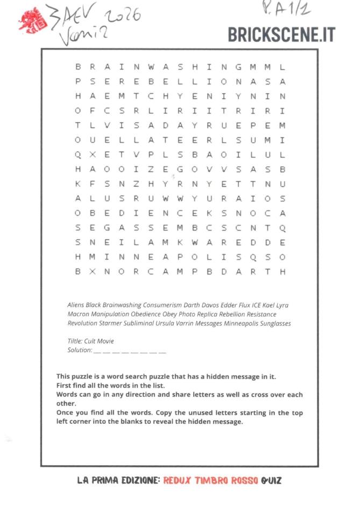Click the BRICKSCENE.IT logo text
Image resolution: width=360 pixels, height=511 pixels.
click(281, 34)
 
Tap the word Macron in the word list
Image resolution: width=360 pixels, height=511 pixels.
click(79, 314)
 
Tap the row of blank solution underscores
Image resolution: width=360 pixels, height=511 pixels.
click(130, 351)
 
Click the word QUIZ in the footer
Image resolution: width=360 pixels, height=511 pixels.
click(271, 480)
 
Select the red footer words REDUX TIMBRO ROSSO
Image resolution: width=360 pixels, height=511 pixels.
click(210, 480)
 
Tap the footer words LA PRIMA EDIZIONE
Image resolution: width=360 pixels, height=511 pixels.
click(118, 480)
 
